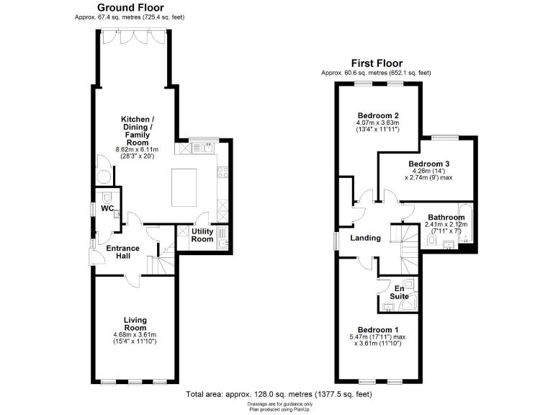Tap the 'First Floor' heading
[x=376, y=63]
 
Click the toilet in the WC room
[x=107, y=196]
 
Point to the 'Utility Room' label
[x=202, y=235]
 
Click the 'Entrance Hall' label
[x=122, y=252]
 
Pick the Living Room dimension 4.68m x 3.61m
[x=135, y=334]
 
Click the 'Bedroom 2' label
[x=377, y=115]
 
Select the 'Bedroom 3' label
[x=422, y=164]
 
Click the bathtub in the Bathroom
[x=465, y=223]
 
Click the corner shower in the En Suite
[x=412, y=305]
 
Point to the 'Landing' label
[x=365, y=238]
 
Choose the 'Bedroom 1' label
[x=377, y=330]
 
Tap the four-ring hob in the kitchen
[x=222, y=174]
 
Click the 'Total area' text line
[x=279, y=394]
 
